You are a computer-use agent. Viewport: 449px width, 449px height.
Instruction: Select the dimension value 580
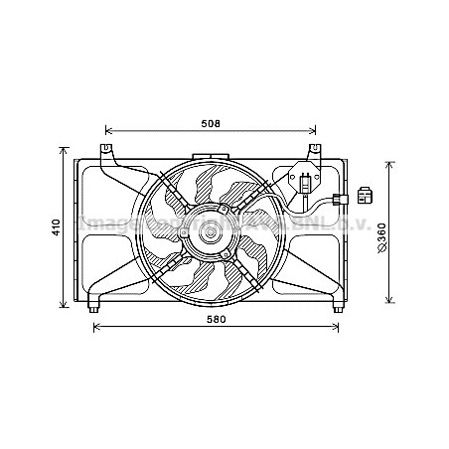point(217,320)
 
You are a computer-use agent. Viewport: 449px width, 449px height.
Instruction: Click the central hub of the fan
point(210,234)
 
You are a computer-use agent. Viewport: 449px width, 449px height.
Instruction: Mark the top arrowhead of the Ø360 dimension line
point(389,161)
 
